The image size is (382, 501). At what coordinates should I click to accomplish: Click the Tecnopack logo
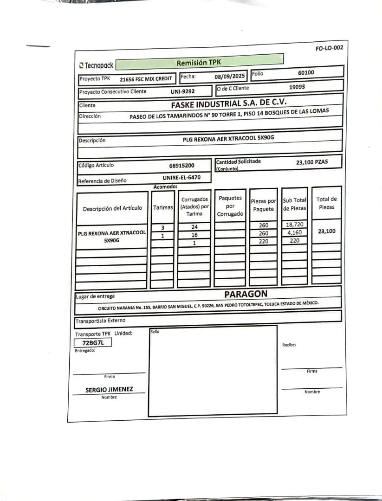tap(96, 65)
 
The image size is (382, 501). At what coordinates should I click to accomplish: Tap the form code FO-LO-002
tap(329, 48)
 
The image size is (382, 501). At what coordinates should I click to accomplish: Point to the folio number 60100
tap(306, 73)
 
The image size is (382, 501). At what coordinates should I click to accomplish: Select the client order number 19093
tap(297, 87)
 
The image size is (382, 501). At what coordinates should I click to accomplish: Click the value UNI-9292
tap(182, 91)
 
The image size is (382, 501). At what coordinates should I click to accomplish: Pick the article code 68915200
tap(182, 165)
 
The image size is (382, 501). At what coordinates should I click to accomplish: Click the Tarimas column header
tap(163, 208)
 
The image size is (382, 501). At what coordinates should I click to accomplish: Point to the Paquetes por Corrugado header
tap(230, 206)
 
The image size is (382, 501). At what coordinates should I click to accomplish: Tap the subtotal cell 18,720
tap(295, 225)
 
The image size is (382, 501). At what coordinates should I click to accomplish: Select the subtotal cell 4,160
tap(295, 233)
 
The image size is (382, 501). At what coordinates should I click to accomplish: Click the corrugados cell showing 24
tap(194, 227)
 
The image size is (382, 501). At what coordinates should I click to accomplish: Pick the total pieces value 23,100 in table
tap(327, 231)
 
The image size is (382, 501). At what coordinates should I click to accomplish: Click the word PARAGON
tap(246, 294)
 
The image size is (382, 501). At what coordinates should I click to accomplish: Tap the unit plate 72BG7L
tap(93, 343)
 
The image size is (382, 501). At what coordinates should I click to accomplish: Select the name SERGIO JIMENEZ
tap(109, 390)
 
